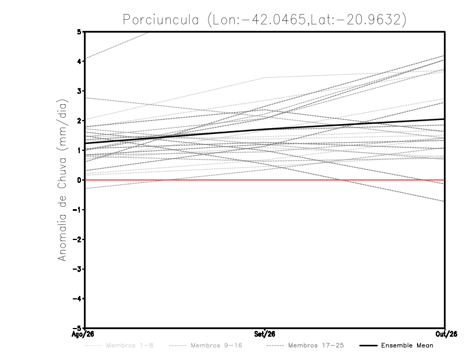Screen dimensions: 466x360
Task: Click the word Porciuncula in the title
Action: point(161,20)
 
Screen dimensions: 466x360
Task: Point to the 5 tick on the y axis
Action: point(79,31)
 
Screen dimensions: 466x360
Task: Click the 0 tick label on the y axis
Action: point(79,180)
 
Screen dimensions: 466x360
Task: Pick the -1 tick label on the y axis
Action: point(77,210)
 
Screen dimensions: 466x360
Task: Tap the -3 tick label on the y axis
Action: point(77,269)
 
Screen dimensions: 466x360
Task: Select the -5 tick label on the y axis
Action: point(77,328)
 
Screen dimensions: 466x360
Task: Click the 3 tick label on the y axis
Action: point(79,91)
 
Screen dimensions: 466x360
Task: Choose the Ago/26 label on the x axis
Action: point(83,334)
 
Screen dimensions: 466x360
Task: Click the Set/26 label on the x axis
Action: point(264,334)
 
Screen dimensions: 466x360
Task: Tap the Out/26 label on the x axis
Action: point(446,334)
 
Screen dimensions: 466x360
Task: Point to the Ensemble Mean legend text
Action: point(407,345)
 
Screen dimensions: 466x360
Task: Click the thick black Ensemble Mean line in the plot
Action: point(265,130)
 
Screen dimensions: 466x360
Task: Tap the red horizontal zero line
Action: point(265,180)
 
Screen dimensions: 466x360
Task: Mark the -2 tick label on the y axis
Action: point(77,239)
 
